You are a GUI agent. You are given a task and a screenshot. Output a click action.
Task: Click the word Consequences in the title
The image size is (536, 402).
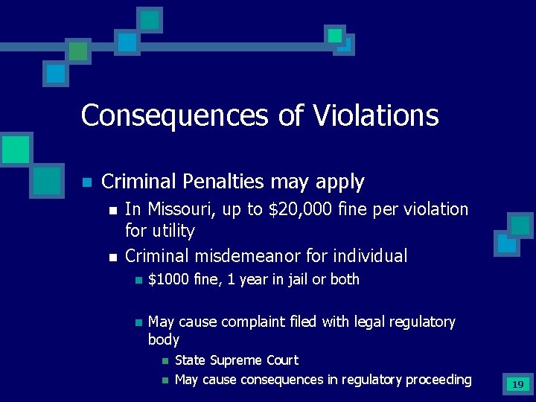(172, 115)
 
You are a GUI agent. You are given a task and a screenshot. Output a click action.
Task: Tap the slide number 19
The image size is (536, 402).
(517, 385)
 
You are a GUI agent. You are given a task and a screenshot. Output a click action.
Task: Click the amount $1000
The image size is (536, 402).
(169, 279)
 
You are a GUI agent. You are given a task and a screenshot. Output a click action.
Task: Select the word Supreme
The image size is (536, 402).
(235, 360)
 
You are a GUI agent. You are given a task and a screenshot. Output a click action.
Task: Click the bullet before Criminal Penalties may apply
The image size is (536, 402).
(86, 182)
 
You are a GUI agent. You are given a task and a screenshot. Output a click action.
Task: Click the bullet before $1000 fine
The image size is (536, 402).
(137, 280)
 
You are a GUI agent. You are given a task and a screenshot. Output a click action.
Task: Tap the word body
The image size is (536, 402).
(164, 339)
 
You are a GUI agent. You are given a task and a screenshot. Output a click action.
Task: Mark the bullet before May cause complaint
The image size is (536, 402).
(137, 322)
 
